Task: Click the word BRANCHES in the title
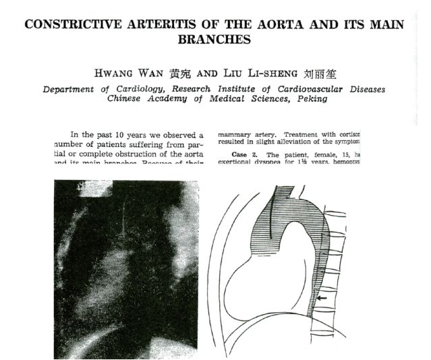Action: pos(214,40)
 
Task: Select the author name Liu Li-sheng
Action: pos(257,73)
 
